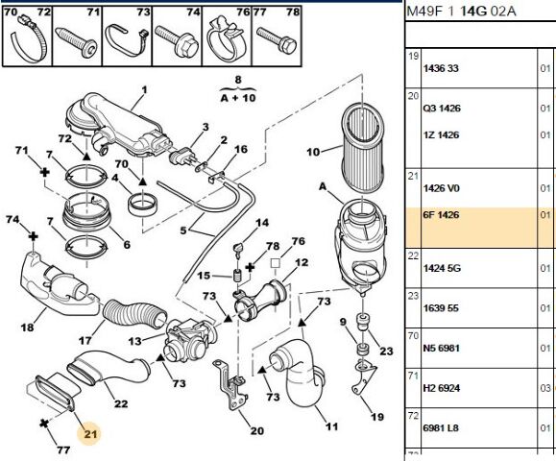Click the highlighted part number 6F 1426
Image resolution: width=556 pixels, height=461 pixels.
point(441,215)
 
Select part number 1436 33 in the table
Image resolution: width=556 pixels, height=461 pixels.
point(441,68)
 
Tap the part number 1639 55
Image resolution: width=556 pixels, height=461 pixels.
point(441,307)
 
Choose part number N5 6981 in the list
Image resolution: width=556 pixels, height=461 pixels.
point(441,348)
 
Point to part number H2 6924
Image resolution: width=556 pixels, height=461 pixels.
point(442,388)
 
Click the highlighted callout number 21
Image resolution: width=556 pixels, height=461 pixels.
point(90,434)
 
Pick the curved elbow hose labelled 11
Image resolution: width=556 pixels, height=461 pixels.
point(300,373)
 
